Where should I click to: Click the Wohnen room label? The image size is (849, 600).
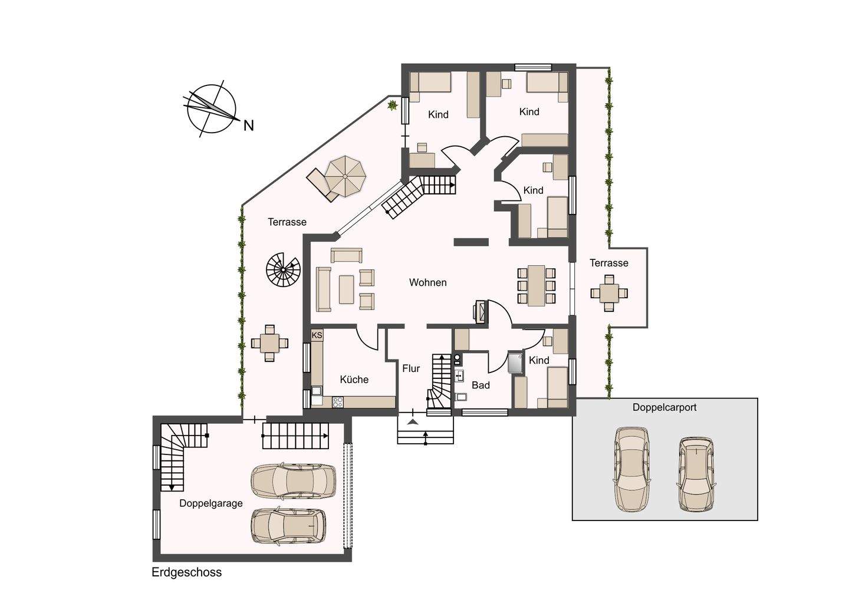pos(427,282)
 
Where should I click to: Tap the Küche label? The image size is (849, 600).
pos(354,380)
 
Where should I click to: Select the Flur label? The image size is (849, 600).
pos(411,368)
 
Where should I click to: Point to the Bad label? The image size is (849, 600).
pos(481,385)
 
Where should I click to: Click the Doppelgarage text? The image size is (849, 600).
pos(210,503)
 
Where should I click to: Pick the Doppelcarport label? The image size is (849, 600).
pos(664,408)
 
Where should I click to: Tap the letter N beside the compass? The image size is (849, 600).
pos(248,126)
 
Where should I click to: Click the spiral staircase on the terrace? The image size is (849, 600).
pos(283,270)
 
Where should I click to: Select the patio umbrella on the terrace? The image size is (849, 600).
pos(345,176)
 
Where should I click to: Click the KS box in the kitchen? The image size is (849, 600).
pos(317,335)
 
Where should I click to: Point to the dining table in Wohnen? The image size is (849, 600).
pos(537,285)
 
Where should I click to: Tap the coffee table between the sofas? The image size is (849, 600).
pos(347,289)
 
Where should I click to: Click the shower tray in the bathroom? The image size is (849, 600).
pos(515,363)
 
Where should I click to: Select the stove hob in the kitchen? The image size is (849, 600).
pos(337,402)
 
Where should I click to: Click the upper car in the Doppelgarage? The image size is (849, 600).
pos(294,482)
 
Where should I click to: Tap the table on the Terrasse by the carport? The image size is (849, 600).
pos(609,293)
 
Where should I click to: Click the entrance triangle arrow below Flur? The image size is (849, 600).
pos(413,421)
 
